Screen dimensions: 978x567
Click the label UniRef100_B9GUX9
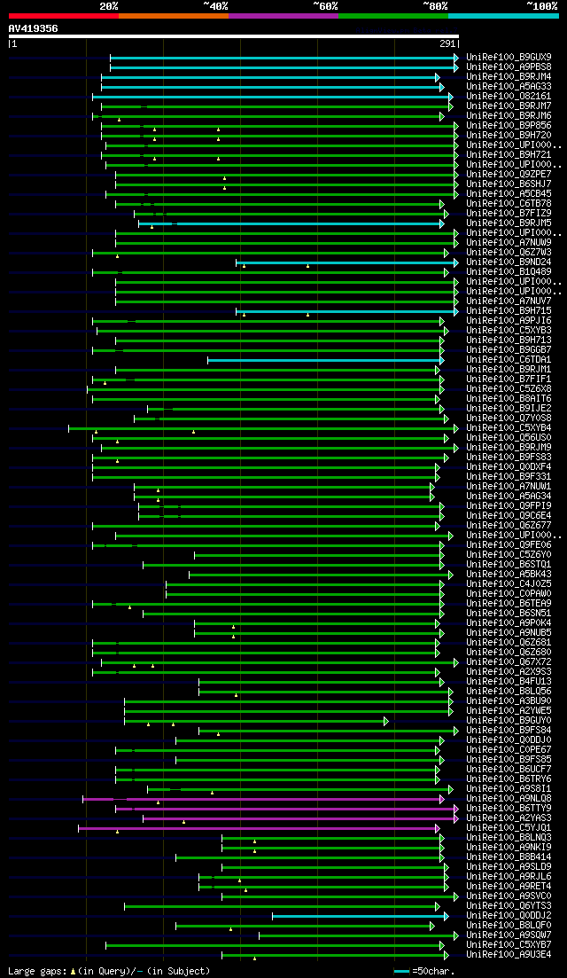501,57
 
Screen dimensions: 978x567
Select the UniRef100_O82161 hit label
501,96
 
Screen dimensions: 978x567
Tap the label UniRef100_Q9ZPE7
501,174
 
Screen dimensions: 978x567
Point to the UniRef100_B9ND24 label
501,262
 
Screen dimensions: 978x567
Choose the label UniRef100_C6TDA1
501,359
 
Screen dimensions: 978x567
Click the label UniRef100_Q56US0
501,437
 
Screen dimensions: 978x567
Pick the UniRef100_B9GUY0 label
501,721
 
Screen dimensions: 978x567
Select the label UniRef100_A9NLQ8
501,799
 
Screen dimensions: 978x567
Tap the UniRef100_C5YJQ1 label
501,828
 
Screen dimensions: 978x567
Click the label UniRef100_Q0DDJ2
501,916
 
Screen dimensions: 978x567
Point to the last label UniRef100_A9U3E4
501,955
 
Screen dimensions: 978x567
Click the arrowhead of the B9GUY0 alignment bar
386,721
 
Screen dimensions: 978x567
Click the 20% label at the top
109,5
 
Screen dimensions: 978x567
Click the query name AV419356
34,28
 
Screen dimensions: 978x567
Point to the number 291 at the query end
447,43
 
